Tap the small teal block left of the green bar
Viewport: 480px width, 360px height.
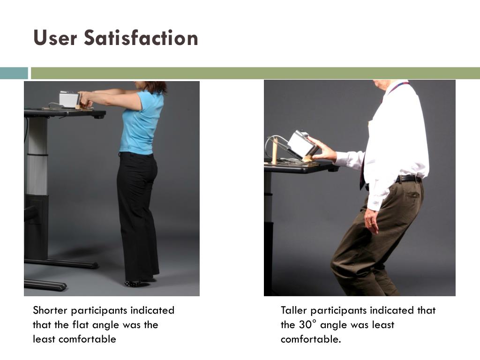14,73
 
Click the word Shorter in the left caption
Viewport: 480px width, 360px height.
50,310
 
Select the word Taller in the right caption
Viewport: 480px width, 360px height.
293,310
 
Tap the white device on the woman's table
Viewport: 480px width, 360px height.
69,99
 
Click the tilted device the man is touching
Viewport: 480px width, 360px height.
301,144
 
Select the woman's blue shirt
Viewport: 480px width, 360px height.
142,122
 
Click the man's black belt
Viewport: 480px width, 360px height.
408,179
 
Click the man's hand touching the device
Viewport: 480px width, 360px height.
323,150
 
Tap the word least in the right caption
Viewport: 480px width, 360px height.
382,324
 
